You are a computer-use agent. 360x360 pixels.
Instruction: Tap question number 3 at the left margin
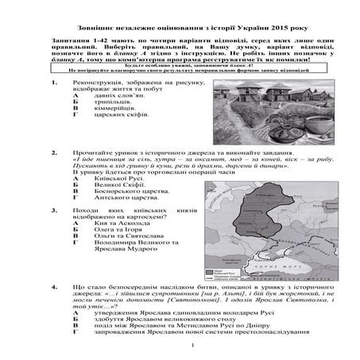click(52, 209)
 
